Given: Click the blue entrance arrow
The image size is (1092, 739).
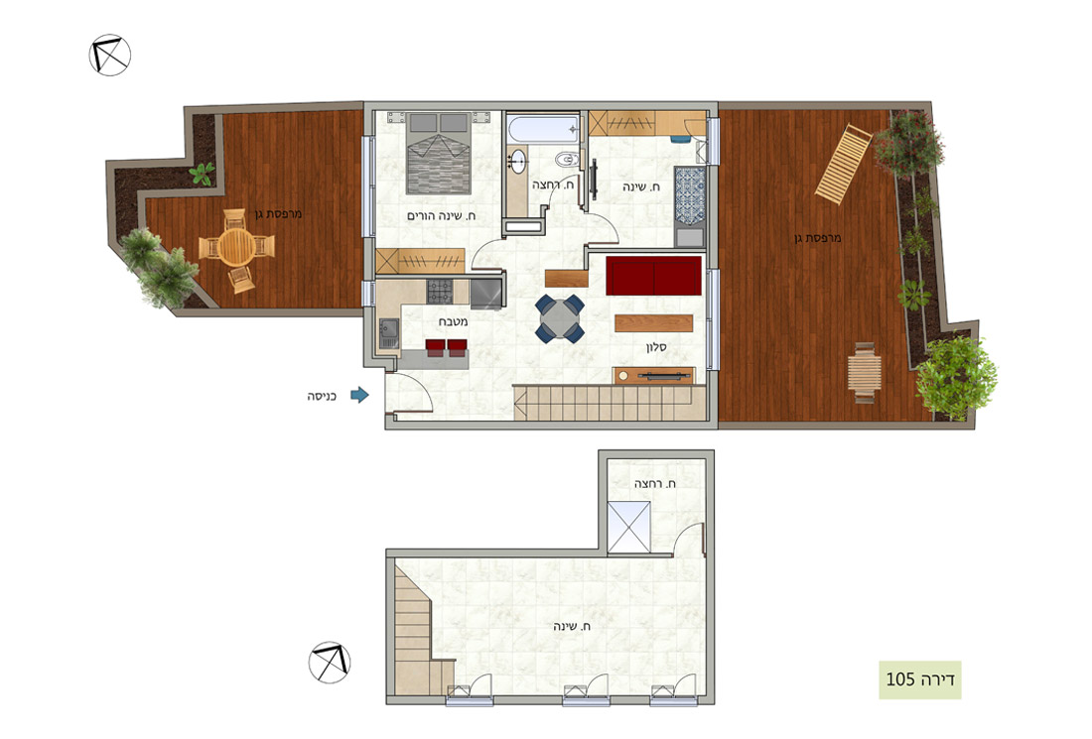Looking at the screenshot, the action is click(359, 395).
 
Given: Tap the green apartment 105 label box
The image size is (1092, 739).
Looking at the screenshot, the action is click(920, 679).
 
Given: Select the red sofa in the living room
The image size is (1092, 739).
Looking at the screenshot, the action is click(653, 276).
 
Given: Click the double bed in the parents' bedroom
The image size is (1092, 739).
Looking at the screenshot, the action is click(439, 153).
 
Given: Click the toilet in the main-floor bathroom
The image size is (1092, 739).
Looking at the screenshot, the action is click(568, 160).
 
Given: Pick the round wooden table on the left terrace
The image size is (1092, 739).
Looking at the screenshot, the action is click(237, 246).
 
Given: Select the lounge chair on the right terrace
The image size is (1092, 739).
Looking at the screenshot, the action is click(843, 164).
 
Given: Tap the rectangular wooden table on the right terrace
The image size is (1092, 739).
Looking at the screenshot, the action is click(865, 372).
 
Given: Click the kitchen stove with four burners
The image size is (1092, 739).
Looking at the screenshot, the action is click(440, 291).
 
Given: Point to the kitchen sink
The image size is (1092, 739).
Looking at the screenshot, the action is click(388, 333).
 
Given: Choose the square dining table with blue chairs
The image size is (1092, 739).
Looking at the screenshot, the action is click(560, 318).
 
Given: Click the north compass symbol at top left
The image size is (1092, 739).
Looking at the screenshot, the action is click(110, 55).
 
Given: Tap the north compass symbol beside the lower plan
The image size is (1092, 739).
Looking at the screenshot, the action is click(330, 662).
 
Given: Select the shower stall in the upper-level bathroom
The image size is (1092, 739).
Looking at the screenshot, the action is click(629, 528).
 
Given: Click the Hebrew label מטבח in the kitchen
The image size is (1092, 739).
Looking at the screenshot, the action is click(453, 322).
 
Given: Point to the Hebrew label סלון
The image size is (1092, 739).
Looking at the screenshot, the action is click(657, 346).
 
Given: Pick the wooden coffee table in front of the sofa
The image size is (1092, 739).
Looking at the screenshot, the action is click(654, 323).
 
